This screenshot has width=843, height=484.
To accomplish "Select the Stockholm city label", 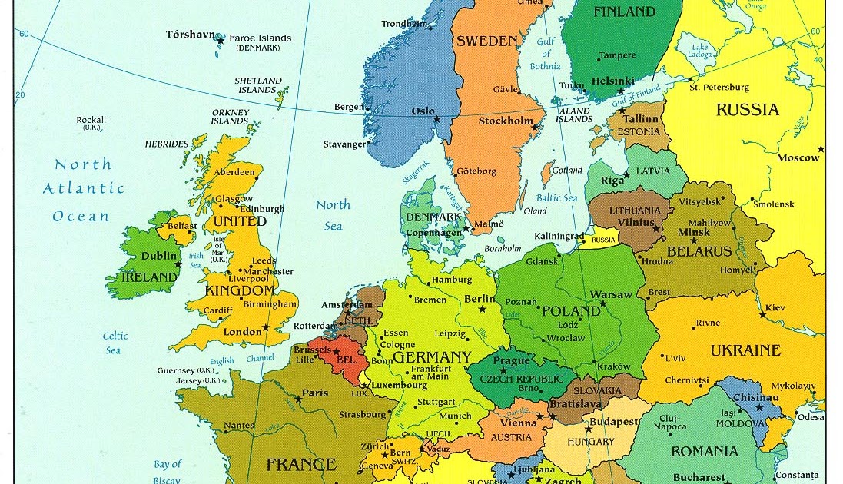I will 506,121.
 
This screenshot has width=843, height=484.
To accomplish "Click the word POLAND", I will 571,311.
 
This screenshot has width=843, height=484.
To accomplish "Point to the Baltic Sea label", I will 557,197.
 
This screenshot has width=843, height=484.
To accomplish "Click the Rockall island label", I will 91,120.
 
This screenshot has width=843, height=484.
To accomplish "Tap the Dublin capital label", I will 159,257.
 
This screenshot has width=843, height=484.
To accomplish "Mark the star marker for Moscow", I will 821,148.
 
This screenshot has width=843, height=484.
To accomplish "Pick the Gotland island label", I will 567,171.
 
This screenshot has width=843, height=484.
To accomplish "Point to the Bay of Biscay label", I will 167,470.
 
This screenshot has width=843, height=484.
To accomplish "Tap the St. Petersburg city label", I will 719,87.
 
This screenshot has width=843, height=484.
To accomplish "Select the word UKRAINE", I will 745,350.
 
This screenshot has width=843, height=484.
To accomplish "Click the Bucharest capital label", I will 699,477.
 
